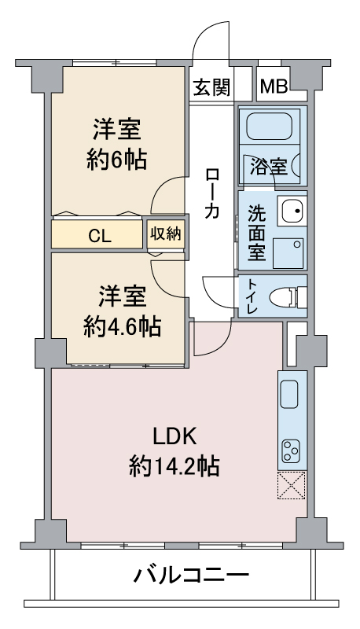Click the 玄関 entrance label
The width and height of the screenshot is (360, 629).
pyautogui.click(x=211, y=87)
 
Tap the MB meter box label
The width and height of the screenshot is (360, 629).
pyautogui.click(x=274, y=86)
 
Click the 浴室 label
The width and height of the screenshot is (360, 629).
pyautogui.click(x=269, y=167)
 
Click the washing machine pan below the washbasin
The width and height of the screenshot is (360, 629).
pyautogui.click(x=288, y=253)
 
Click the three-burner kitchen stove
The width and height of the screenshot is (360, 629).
pyautogui.click(x=292, y=451)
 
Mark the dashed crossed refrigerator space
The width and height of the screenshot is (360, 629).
pyautogui.click(x=292, y=485)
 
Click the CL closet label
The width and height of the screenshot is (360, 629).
pyautogui.click(x=99, y=237)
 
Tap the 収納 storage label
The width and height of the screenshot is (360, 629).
pyautogui.click(x=166, y=234)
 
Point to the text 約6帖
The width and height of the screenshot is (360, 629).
pyautogui.click(x=116, y=160)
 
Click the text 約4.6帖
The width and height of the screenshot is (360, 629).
pyautogui.click(x=123, y=326)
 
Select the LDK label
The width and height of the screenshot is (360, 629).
pyautogui.click(x=174, y=436)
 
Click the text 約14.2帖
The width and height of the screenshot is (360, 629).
pyautogui.click(x=174, y=466)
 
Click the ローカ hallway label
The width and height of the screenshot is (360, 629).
pyautogui.click(x=211, y=193)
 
